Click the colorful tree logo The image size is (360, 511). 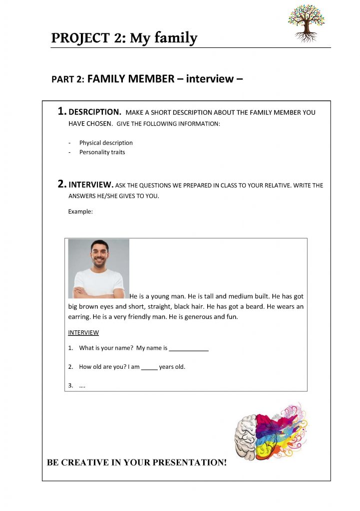[x=306, y=22]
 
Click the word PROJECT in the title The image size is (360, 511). [x=81, y=38]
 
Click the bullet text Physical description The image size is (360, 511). [x=106, y=143]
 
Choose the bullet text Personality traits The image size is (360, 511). [x=102, y=152]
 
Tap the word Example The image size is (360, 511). [x=80, y=212]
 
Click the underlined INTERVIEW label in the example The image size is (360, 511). [x=83, y=333]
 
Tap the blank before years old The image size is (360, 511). [x=149, y=367]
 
